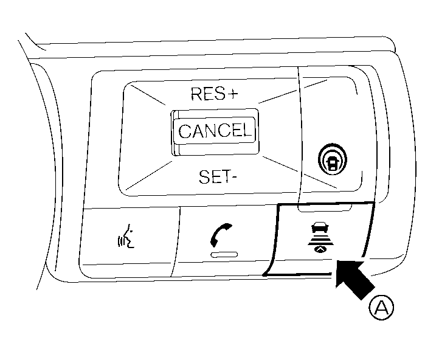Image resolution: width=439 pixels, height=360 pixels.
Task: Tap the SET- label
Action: tap(216, 177)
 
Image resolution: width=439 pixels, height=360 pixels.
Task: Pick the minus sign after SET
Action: tap(234, 178)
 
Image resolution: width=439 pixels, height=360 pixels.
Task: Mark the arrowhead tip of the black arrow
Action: tap(336, 262)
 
